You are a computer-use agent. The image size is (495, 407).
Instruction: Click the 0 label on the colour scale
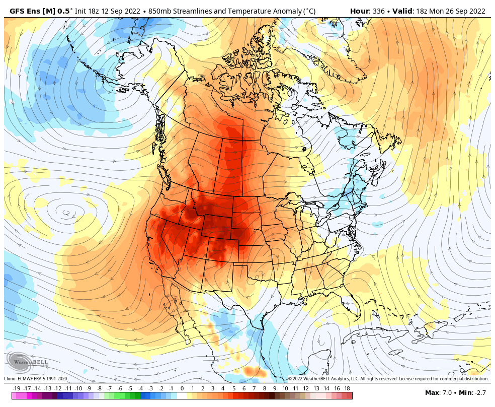[182, 388]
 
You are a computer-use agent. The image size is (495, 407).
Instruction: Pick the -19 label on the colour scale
[16, 388]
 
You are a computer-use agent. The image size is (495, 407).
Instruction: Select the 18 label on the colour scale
[348, 388]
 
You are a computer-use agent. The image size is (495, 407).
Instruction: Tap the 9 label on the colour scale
[275, 388]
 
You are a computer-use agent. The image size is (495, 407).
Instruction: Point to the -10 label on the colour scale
[78, 388]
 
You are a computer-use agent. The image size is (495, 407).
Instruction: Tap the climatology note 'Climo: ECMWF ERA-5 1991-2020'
[36, 379]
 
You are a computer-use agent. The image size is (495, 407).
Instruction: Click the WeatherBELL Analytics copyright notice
[388, 379]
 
